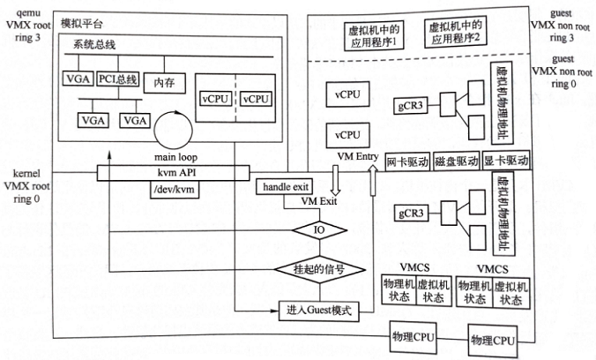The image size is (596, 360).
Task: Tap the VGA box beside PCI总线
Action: [x=77, y=81]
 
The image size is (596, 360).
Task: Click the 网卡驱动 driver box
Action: [x=407, y=163]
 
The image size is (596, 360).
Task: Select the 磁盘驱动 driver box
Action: [x=457, y=163]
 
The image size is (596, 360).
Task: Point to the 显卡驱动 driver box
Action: [x=506, y=163]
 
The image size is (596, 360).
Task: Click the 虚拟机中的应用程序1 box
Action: [x=377, y=36]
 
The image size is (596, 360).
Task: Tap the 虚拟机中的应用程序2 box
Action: [x=455, y=36]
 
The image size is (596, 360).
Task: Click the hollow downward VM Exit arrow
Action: [x=335, y=180]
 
